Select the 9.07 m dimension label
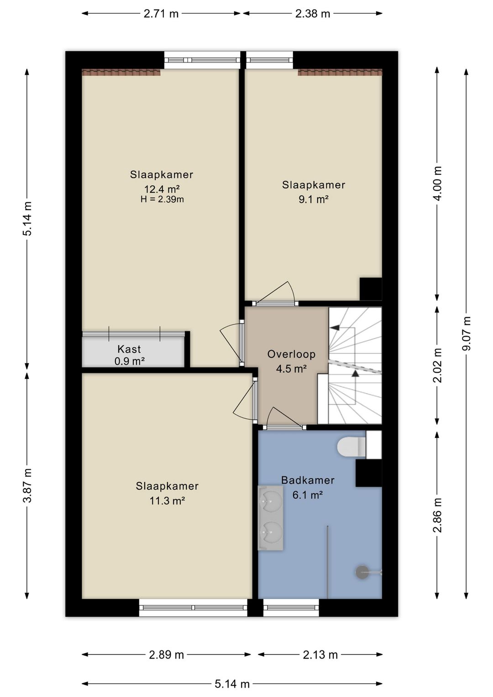(x=466, y=333)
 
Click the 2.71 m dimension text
(x=161, y=14)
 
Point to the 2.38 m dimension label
(x=313, y=14)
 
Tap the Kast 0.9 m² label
(x=129, y=355)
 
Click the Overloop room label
(x=291, y=354)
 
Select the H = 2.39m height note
(x=162, y=199)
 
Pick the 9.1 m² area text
(x=314, y=199)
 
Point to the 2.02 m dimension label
(x=438, y=365)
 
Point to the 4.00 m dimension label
(x=438, y=184)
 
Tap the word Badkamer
(x=308, y=480)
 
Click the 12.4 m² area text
(x=162, y=189)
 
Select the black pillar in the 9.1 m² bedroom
(x=371, y=289)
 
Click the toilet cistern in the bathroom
(x=374, y=445)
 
